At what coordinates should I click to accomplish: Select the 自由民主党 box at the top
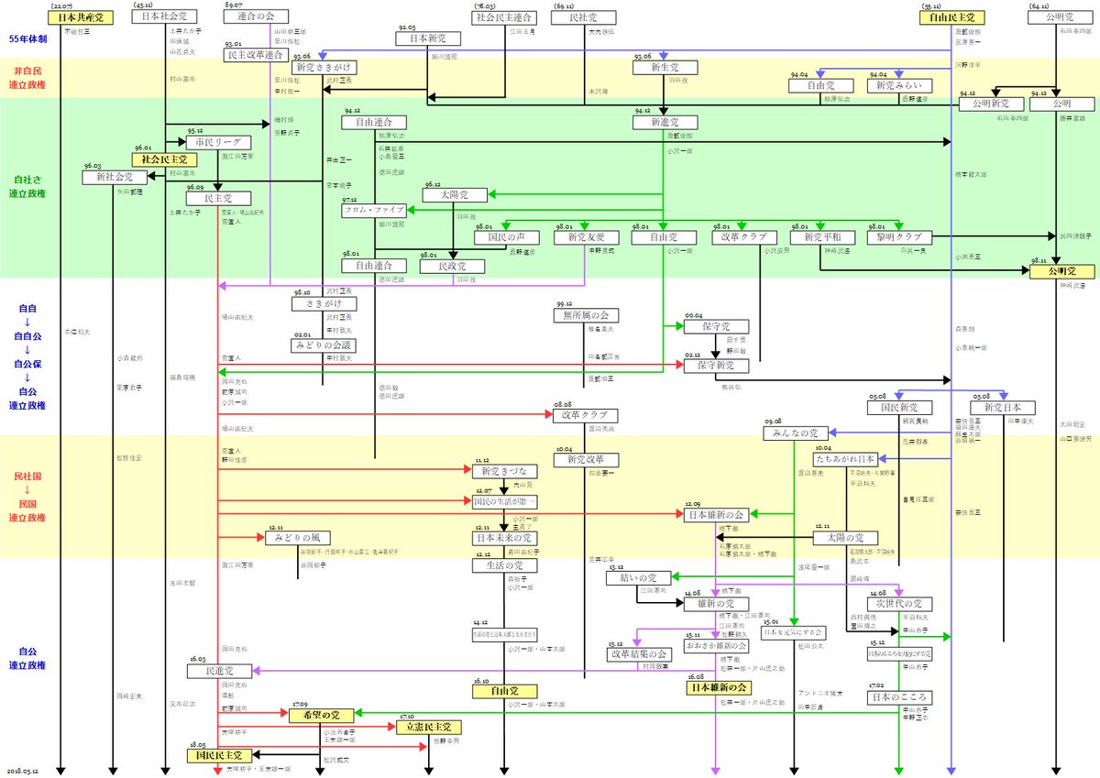(x=953, y=17)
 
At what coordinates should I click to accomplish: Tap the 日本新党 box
(x=427, y=39)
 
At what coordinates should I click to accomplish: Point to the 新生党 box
(x=663, y=69)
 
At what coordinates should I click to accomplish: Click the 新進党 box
(x=663, y=122)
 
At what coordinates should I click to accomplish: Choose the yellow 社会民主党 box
(x=165, y=159)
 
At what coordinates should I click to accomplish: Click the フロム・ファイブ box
(x=374, y=210)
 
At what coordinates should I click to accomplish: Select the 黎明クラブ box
(x=899, y=237)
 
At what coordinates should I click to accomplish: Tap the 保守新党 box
(x=715, y=366)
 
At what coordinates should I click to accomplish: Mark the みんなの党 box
(x=795, y=433)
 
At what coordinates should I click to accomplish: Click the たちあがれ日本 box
(x=845, y=457)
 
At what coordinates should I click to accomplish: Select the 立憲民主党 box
(x=428, y=727)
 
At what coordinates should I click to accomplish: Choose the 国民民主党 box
(x=218, y=756)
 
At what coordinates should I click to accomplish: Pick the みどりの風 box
(x=298, y=538)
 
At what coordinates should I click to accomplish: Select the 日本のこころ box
(x=899, y=696)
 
